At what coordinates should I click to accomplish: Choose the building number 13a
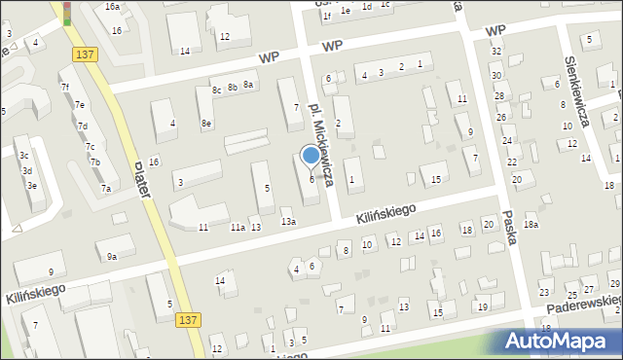288,222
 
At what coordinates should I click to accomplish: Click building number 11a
237,228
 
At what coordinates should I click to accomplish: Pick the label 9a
112,257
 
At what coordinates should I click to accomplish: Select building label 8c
216,89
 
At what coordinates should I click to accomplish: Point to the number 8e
206,124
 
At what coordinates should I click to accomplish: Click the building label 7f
65,88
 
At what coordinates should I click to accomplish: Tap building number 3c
24,156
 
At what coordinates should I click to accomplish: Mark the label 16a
113,7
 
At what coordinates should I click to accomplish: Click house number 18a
531,225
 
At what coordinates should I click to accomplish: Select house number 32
496,51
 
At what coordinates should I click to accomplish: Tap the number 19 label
482,307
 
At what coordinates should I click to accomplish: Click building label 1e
345,9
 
